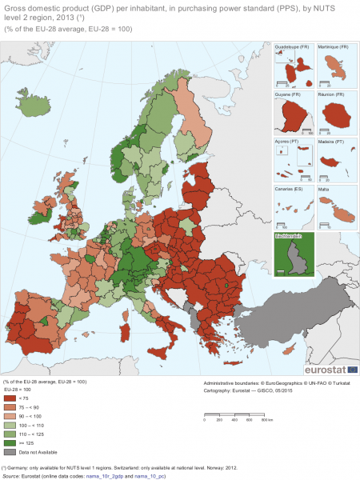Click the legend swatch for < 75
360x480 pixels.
(11, 398)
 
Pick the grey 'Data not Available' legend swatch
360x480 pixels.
(11, 453)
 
